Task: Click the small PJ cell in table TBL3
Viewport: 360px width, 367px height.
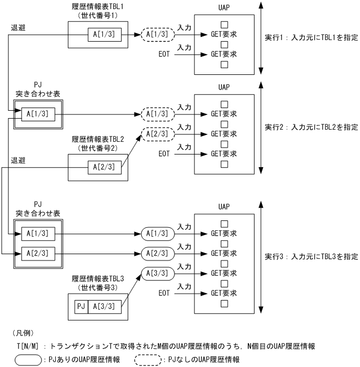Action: [x=81, y=306]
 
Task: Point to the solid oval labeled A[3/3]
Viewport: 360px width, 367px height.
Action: [x=156, y=274]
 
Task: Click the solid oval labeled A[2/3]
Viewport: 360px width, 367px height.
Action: [x=156, y=254]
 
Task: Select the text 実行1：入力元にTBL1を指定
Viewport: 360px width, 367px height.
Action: [x=311, y=38]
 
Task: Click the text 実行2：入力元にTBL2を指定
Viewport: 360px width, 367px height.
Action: [x=311, y=127]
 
